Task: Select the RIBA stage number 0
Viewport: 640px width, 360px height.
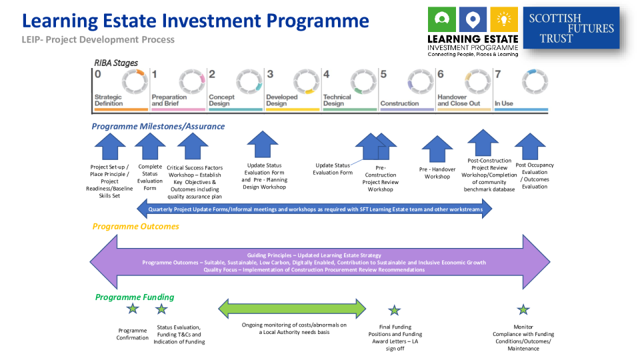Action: click(98, 74)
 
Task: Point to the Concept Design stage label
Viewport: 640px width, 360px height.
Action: click(221, 100)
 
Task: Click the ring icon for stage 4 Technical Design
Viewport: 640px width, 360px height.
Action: click(364, 81)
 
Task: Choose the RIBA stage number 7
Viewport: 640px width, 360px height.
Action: click(497, 74)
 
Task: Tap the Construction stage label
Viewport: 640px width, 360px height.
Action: click(399, 103)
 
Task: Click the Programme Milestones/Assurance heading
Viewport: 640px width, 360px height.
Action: click(158, 126)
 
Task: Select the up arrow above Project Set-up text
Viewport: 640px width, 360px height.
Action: click(110, 146)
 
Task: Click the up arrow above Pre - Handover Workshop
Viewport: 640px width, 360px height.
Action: click(437, 149)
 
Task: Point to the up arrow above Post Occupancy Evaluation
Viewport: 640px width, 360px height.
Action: click(530, 146)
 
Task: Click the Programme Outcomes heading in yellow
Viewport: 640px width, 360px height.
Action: click(135, 227)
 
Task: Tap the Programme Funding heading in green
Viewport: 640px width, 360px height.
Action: click(134, 297)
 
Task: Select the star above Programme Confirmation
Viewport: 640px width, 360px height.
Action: click(133, 309)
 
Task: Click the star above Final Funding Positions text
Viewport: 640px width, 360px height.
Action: click(395, 310)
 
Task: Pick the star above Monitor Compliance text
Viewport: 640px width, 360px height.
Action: click(523, 309)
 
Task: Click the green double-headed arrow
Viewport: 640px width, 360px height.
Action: click(293, 309)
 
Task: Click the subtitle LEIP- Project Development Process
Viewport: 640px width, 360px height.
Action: click(98, 39)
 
